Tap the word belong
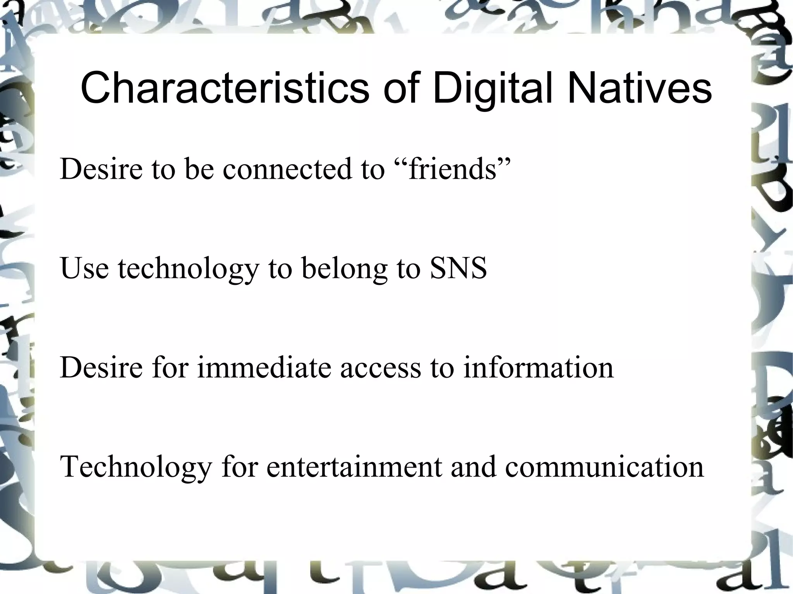pyautogui.click(x=345, y=269)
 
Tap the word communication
pyautogui.click(x=604, y=466)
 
